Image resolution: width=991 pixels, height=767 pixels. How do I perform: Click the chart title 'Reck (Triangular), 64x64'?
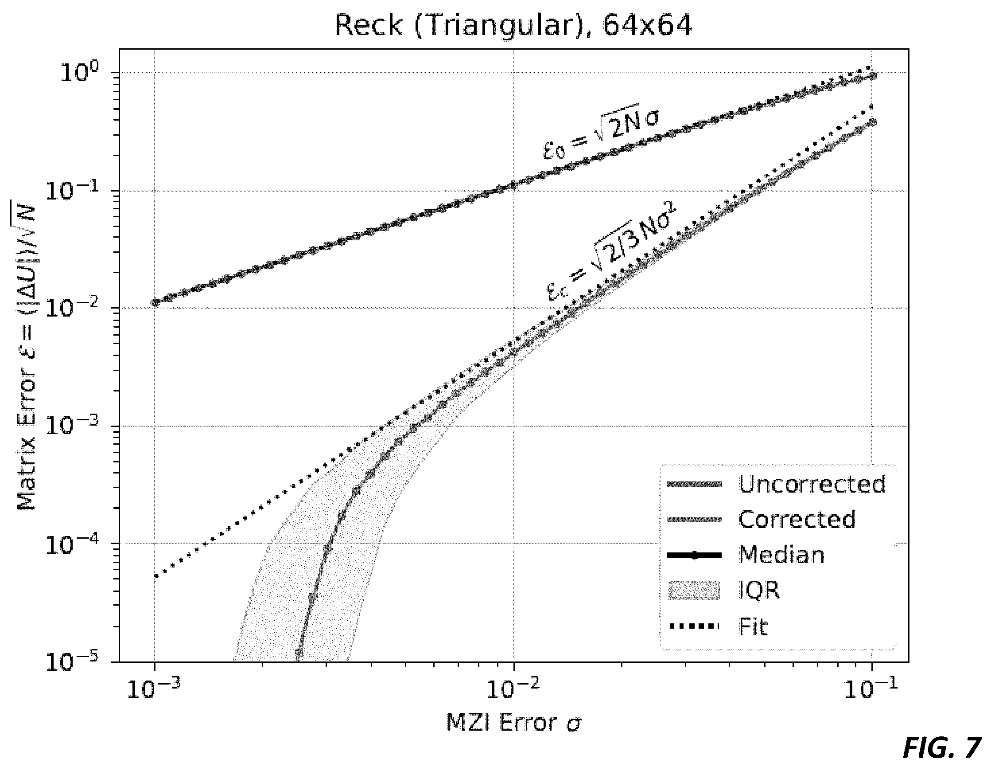pos(513,24)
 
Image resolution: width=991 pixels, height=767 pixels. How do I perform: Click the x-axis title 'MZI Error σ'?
pos(514,723)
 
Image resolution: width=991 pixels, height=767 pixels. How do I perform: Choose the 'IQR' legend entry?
pos(723,590)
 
